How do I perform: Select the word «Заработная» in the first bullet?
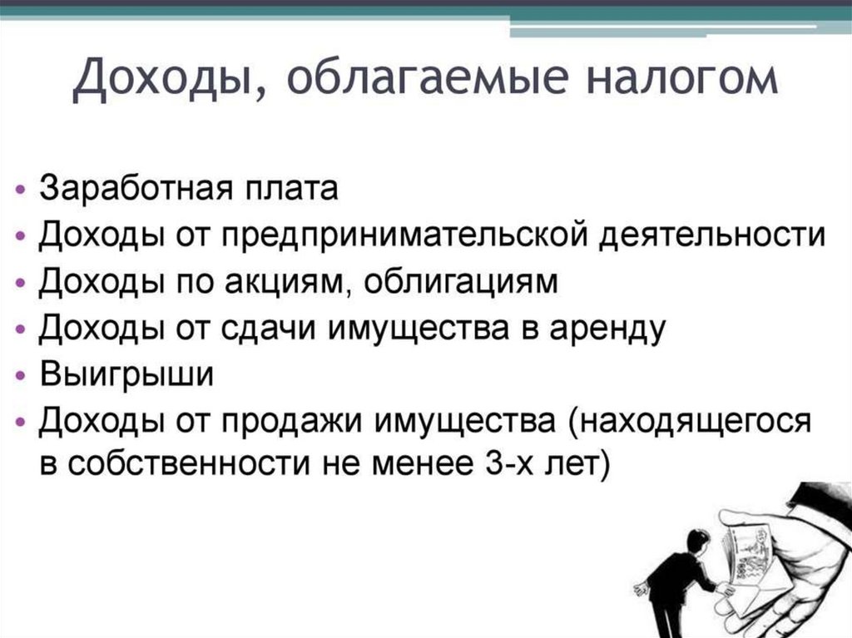pos(130,188)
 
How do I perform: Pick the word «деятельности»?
pos(721,235)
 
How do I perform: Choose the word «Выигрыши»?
pos(126,375)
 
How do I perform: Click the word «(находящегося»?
pos(687,422)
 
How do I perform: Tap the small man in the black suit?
pos(673,579)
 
